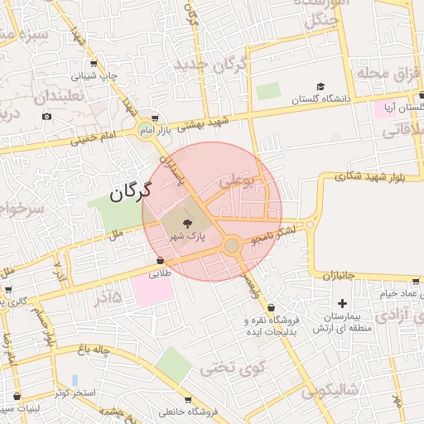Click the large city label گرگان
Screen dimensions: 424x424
click(131, 193)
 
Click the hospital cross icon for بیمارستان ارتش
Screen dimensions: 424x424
click(341, 304)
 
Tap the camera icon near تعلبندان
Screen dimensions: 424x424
click(47, 116)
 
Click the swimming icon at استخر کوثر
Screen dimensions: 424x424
click(75, 379)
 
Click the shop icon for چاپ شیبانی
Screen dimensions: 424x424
click(94, 63)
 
